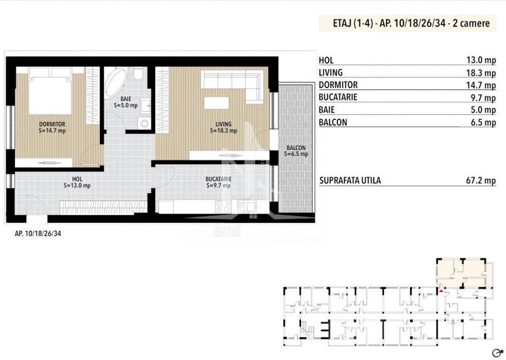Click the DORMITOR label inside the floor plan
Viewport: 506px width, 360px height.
[52, 124]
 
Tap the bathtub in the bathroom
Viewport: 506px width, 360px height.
[115, 82]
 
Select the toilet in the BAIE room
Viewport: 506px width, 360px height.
[139, 73]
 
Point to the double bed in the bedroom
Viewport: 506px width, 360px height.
[50, 91]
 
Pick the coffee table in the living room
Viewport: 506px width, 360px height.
[217, 103]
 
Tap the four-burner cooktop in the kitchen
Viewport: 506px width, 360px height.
[223, 207]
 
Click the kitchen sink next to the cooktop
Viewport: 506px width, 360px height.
[247, 206]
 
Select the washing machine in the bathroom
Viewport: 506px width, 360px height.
[144, 123]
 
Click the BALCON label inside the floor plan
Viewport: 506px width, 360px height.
[296, 148]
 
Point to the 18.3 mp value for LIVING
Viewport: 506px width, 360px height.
[481, 73]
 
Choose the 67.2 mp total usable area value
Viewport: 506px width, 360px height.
[481, 180]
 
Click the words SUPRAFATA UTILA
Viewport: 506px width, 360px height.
[350, 180]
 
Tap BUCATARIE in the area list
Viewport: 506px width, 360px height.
[338, 97]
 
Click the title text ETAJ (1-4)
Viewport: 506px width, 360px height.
[353, 23]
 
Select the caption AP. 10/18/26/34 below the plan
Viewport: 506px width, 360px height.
[38, 233]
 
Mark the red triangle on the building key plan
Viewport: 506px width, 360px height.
[441, 291]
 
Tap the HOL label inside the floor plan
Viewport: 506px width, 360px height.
[77, 179]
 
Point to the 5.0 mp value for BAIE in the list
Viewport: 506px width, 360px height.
[483, 110]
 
